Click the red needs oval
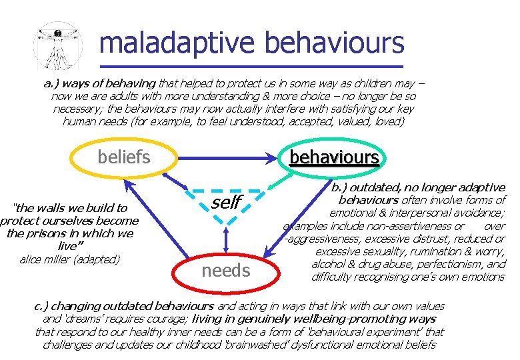pos(226,270)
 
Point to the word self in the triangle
pos(226,202)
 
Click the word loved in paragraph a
pos(389,121)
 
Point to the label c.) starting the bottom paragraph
pos(42,307)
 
